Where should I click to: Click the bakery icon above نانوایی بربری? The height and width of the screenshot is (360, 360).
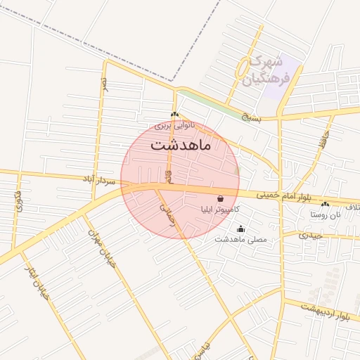pyautogui.click(x=174, y=114)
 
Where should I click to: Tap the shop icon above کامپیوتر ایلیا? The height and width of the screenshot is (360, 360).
pyautogui.click(x=221, y=199)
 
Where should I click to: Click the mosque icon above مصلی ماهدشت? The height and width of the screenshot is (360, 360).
pyautogui.click(x=241, y=229)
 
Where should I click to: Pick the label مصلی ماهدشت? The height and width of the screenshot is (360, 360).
pyautogui.click(x=241, y=239)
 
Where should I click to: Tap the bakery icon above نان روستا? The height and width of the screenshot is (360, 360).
pyautogui.click(x=326, y=203)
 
